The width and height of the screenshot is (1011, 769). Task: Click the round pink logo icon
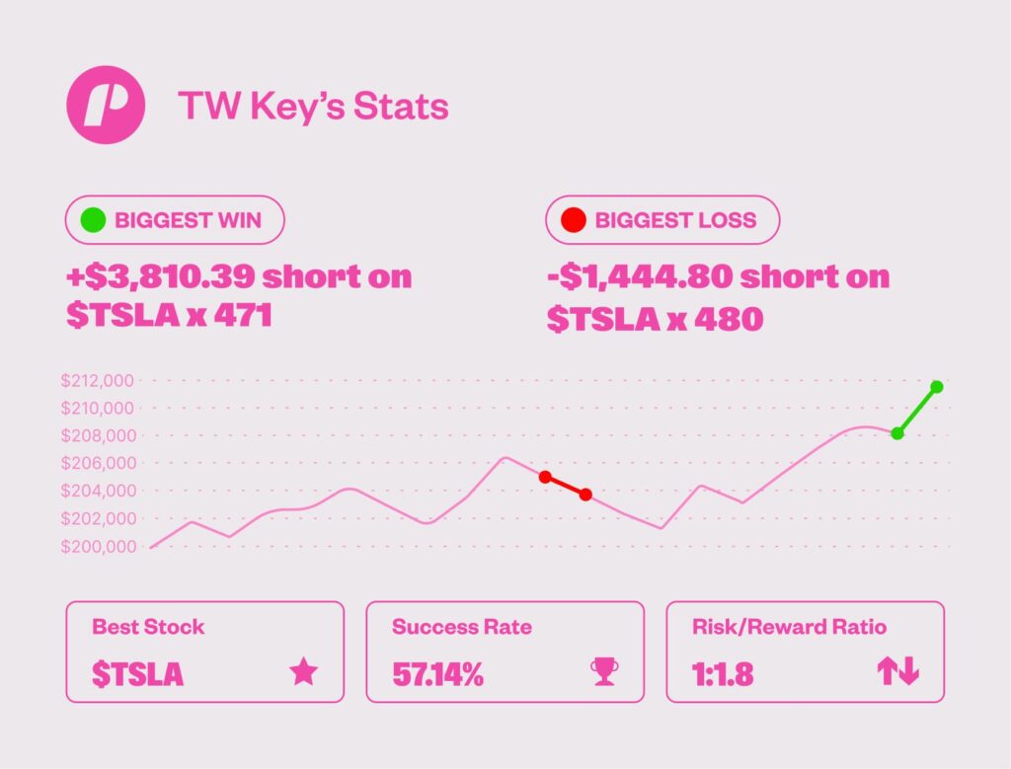[x=106, y=106]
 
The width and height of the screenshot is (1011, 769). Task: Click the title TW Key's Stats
[x=313, y=107]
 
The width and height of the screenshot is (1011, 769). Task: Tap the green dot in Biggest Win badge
[x=93, y=220]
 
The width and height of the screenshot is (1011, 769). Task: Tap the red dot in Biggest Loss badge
[x=573, y=220]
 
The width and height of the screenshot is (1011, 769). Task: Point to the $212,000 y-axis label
[x=99, y=380]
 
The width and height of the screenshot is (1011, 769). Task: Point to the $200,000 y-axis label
[x=99, y=546]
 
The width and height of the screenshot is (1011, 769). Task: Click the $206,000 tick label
[x=99, y=463]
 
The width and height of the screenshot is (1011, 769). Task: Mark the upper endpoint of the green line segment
[x=937, y=386]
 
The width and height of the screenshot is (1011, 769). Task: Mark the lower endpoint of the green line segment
[x=897, y=433]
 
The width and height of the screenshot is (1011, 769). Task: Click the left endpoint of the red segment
[x=545, y=477]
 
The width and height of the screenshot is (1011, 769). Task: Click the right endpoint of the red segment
[x=585, y=495]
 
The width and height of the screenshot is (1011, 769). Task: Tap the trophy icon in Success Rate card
[x=603, y=672]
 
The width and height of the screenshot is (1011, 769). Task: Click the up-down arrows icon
[x=897, y=672]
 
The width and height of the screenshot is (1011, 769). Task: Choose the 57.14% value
[x=438, y=674]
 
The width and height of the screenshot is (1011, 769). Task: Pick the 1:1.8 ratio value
[x=723, y=674]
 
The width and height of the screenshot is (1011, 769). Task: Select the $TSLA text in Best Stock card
[x=138, y=674]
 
